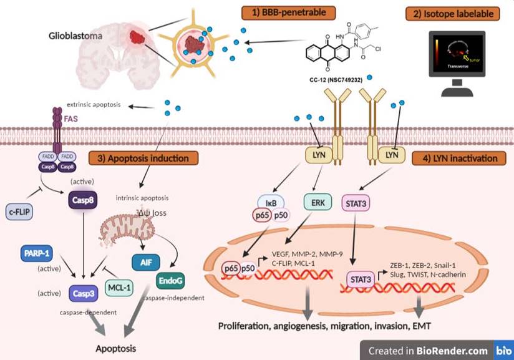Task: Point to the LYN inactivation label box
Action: click(x=459, y=158)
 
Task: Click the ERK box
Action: click(x=315, y=202)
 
